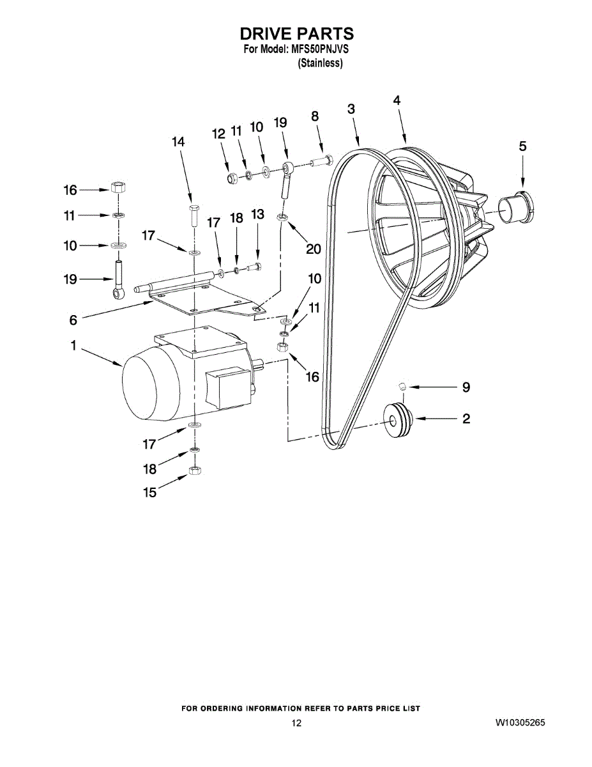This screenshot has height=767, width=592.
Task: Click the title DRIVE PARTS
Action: coord(296,33)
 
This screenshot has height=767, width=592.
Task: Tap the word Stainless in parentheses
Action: coord(321,63)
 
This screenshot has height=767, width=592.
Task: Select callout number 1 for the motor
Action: coord(73,346)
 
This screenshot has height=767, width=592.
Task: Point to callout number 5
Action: coord(522,146)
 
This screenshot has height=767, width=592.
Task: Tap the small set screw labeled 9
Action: coord(402,385)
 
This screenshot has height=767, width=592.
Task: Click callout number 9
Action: coord(466,387)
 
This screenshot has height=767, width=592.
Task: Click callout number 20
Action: coord(313,249)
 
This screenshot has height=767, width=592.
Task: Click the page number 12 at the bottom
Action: coord(296,723)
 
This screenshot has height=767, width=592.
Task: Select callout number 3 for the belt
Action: coord(351,109)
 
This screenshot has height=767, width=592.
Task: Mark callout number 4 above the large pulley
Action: coord(397,100)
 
